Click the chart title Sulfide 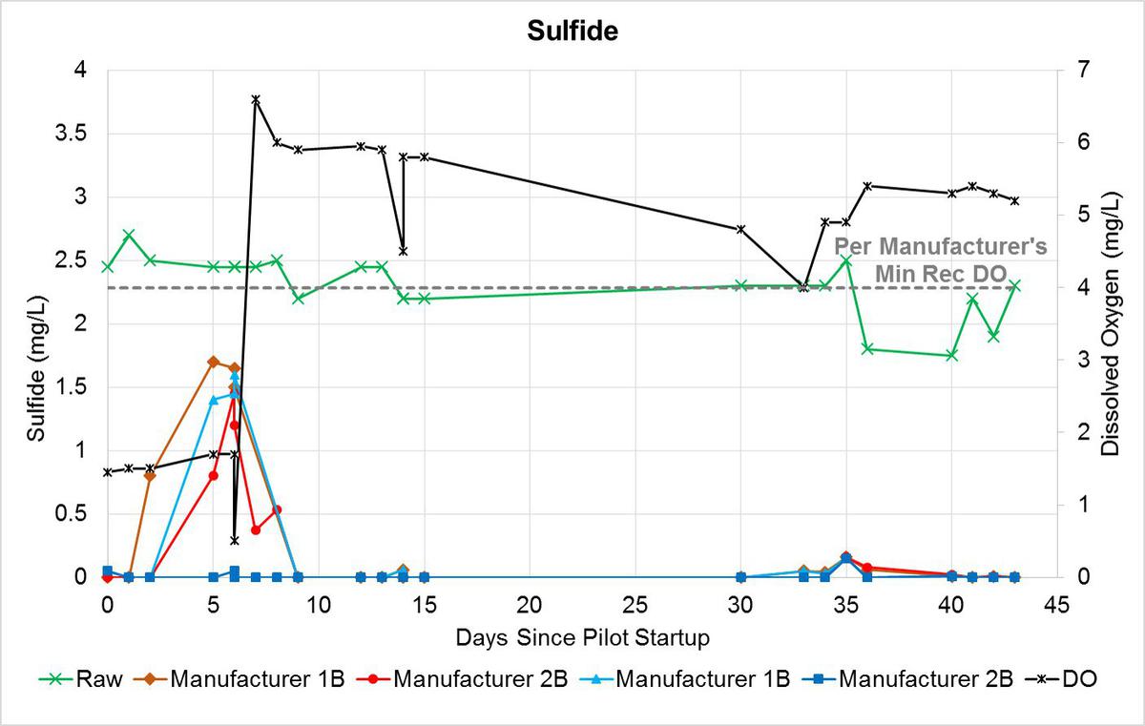coord(572,31)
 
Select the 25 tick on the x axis coord(635,604)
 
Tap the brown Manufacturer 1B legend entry coord(243,680)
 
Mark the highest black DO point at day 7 coord(256,99)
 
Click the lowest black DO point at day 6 coord(235,541)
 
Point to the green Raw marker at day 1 coord(129,235)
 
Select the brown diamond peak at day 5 coord(214,362)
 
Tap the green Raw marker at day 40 coord(951,355)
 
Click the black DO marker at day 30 coord(740,229)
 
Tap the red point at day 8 coord(277,509)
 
